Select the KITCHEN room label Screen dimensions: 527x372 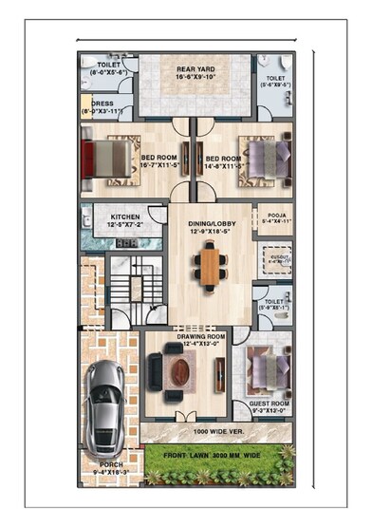(126, 218)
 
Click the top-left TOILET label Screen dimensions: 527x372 (107, 66)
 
